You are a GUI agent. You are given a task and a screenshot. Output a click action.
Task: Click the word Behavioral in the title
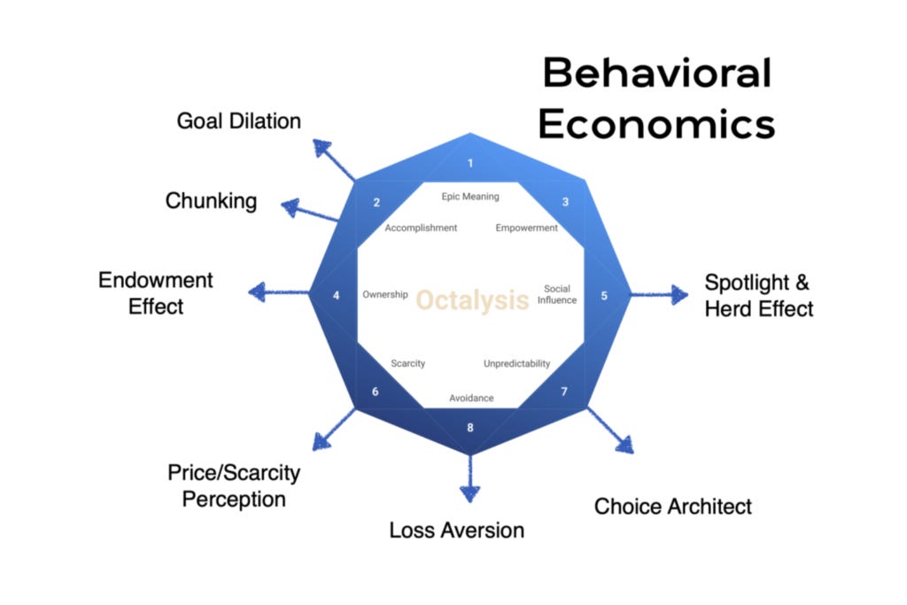(656, 73)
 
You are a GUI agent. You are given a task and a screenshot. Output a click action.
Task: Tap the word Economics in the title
(656, 124)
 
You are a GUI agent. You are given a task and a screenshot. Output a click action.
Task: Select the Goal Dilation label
(238, 121)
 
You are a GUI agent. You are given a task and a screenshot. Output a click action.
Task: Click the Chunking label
(211, 201)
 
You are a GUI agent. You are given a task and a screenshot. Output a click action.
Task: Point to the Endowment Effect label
(156, 293)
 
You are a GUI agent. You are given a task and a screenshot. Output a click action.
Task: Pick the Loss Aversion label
(457, 531)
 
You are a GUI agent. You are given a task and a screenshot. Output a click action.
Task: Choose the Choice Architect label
(672, 507)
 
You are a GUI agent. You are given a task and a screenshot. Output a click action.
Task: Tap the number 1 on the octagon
(470, 163)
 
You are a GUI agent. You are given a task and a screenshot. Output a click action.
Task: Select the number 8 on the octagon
(470, 428)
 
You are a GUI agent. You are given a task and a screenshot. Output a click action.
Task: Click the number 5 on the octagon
(604, 296)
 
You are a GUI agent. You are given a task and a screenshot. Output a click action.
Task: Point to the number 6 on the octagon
(376, 391)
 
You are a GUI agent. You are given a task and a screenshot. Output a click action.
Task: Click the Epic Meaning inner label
(470, 197)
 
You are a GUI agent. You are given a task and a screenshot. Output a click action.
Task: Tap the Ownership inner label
(385, 295)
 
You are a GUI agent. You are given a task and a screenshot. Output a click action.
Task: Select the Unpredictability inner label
(516, 364)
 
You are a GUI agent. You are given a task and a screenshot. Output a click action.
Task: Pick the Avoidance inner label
(471, 398)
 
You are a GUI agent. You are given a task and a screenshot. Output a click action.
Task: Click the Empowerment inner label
(527, 229)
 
